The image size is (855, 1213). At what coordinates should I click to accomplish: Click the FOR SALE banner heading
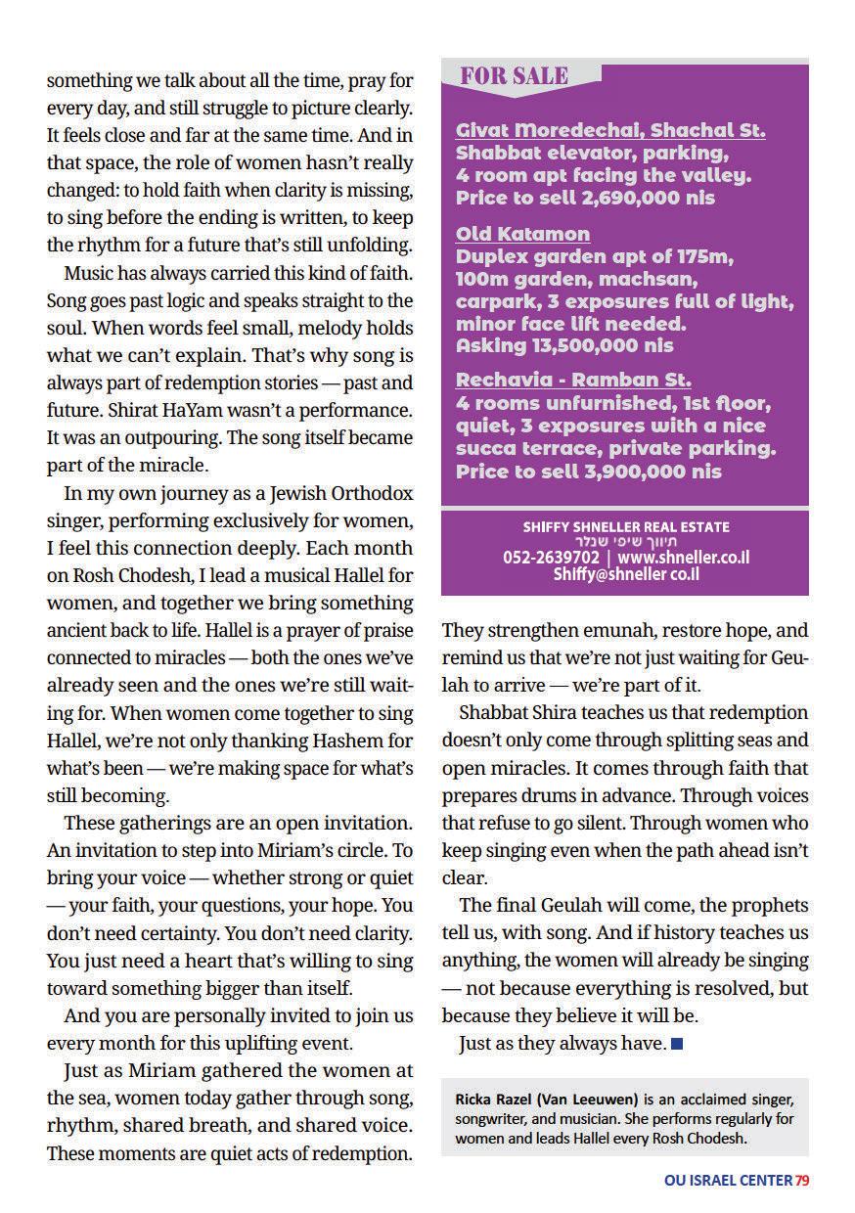pyautogui.click(x=514, y=76)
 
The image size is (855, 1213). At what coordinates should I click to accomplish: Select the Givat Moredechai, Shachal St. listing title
pyautogui.click(x=610, y=130)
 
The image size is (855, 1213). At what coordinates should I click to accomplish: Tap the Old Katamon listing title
pyautogui.click(x=522, y=234)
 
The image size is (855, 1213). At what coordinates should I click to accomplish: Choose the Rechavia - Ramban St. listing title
pyautogui.click(x=573, y=380)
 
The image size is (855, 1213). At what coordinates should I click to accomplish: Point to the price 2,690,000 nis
pyautogui.click(x=640, y=198)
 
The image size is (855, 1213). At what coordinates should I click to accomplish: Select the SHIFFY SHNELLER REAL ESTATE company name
pyautogui.click(x=625, y=527)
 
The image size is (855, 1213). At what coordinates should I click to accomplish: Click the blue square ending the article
pyautogui.click(x=677, y=1045)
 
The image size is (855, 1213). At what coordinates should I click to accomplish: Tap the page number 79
pyautogui.click(x=801, y=1181)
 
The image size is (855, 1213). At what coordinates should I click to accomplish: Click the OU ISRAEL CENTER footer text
pyautogui.click(x=728, y=1181)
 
